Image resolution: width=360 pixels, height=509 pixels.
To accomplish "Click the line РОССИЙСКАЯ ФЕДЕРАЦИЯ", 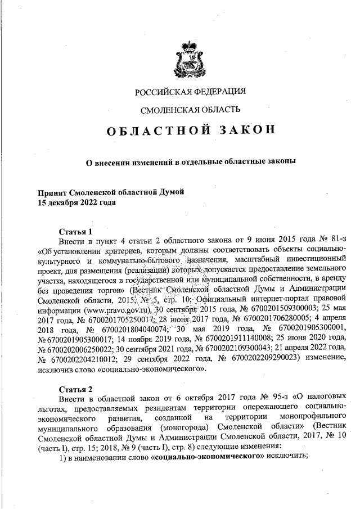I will [190, 92].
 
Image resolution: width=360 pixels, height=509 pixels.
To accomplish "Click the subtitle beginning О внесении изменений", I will [190, 162].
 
